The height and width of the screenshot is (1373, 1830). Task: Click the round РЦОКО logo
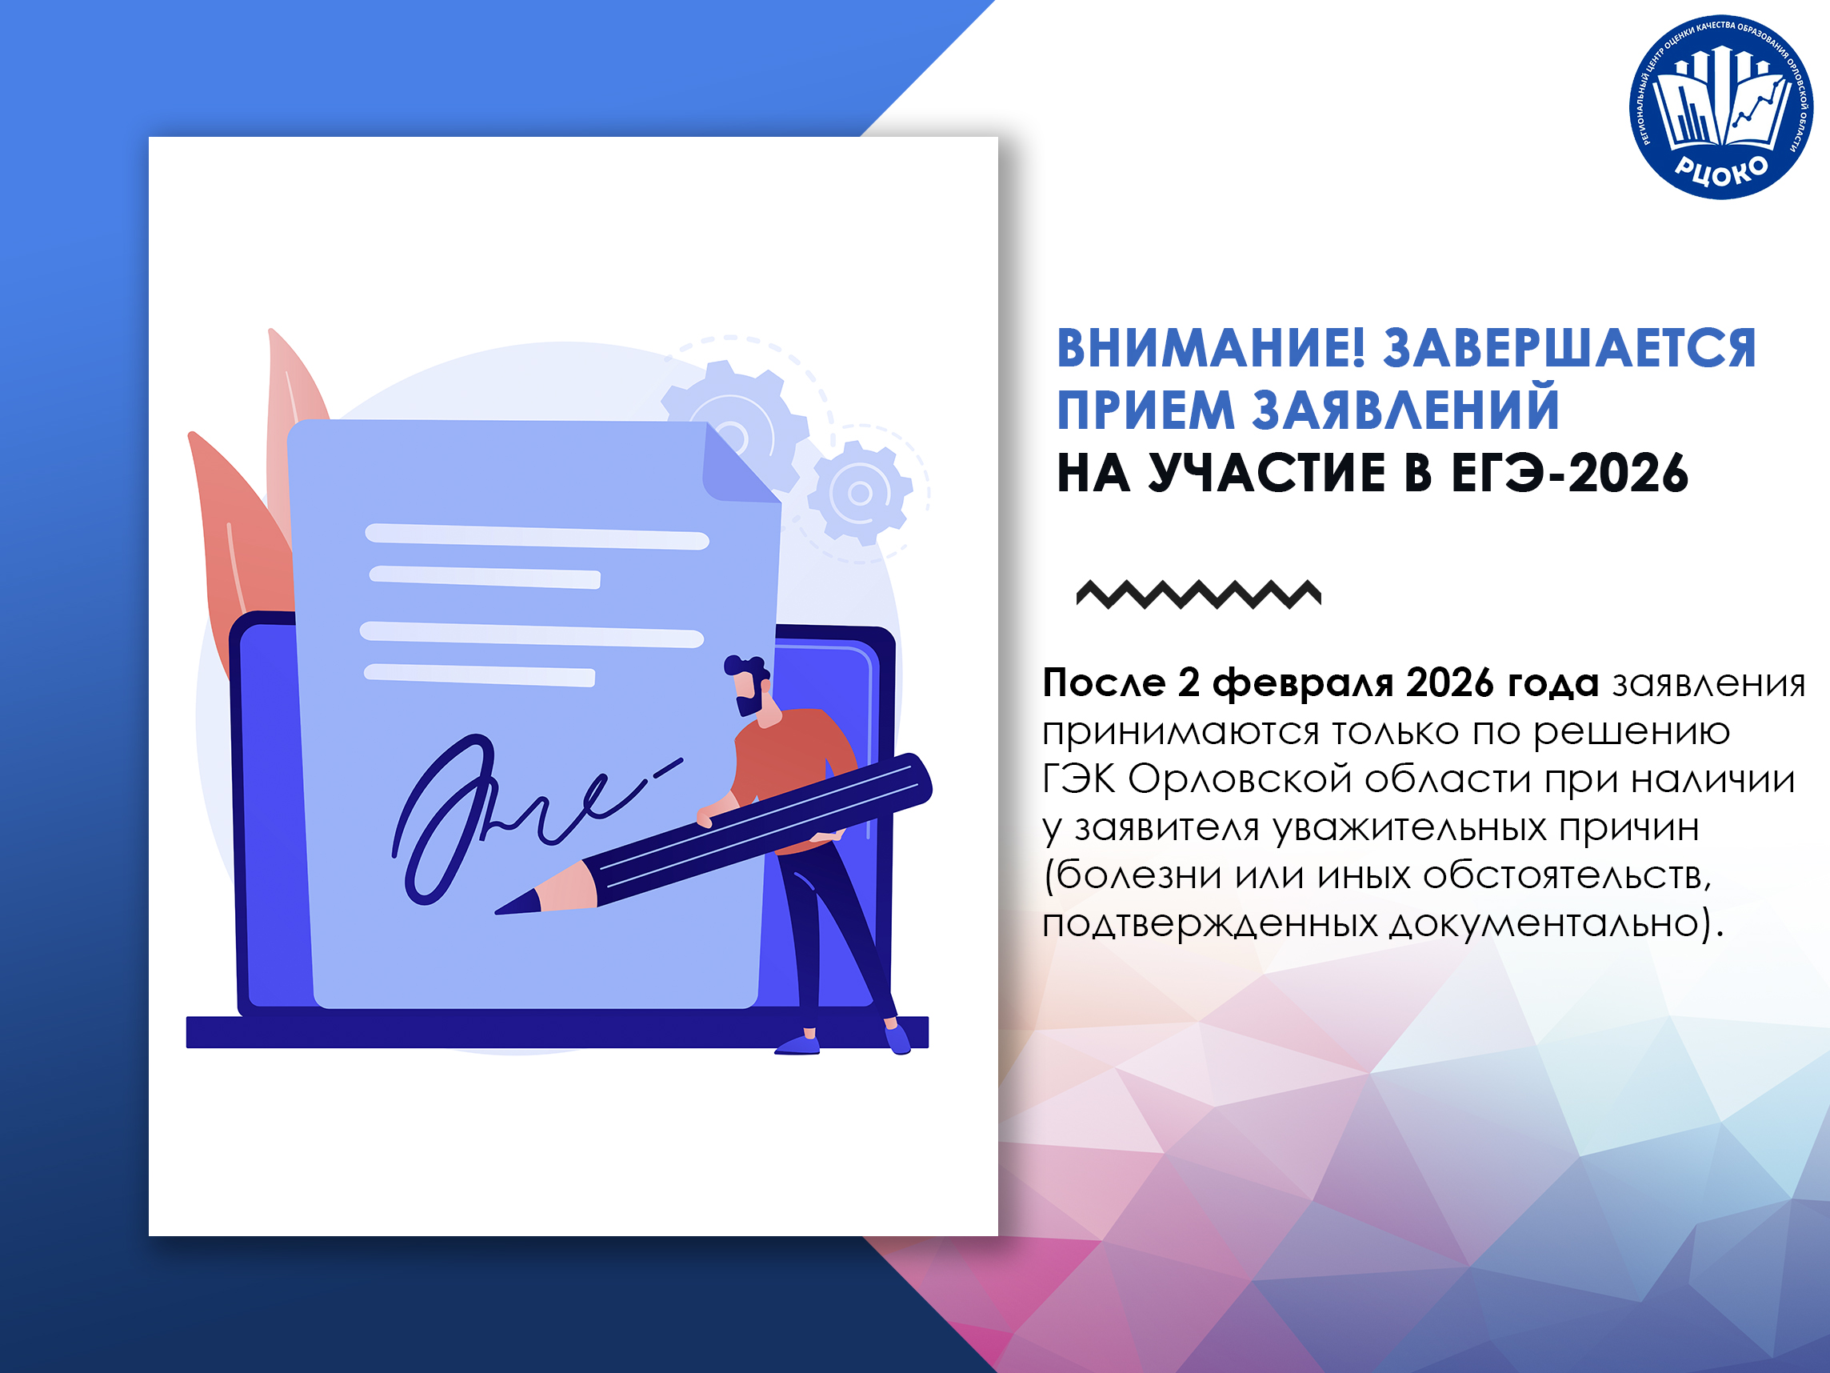[1720, 107]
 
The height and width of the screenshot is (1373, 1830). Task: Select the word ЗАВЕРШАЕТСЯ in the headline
[1569, 347]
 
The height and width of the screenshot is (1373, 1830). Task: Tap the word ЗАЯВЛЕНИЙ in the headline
[1405, 410]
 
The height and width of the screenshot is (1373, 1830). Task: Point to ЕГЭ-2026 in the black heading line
[1569, 474]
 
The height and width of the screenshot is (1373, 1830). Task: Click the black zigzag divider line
[1199, 594]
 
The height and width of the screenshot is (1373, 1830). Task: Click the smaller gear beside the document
[861, 493]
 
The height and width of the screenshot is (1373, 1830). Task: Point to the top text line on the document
[537, 536]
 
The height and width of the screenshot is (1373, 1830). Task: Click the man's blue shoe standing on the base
[797, 1045]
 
